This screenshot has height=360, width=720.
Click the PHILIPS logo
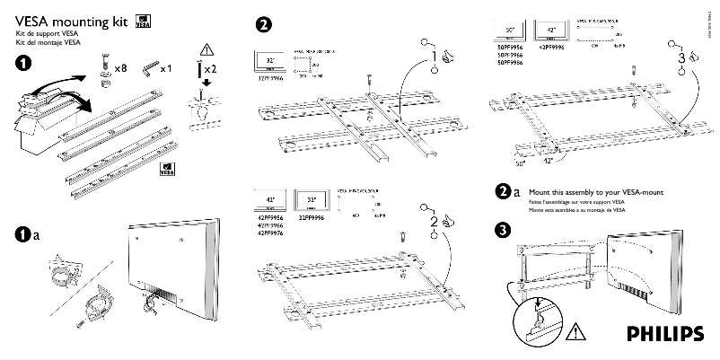point(665,333)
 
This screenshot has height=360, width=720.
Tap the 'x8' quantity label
point(120,68)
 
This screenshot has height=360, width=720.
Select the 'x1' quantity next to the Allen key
point(165,68)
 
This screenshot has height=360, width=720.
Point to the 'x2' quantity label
point(209,68)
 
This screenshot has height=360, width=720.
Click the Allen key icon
point(145,69)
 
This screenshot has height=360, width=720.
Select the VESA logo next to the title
point(142,22)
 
